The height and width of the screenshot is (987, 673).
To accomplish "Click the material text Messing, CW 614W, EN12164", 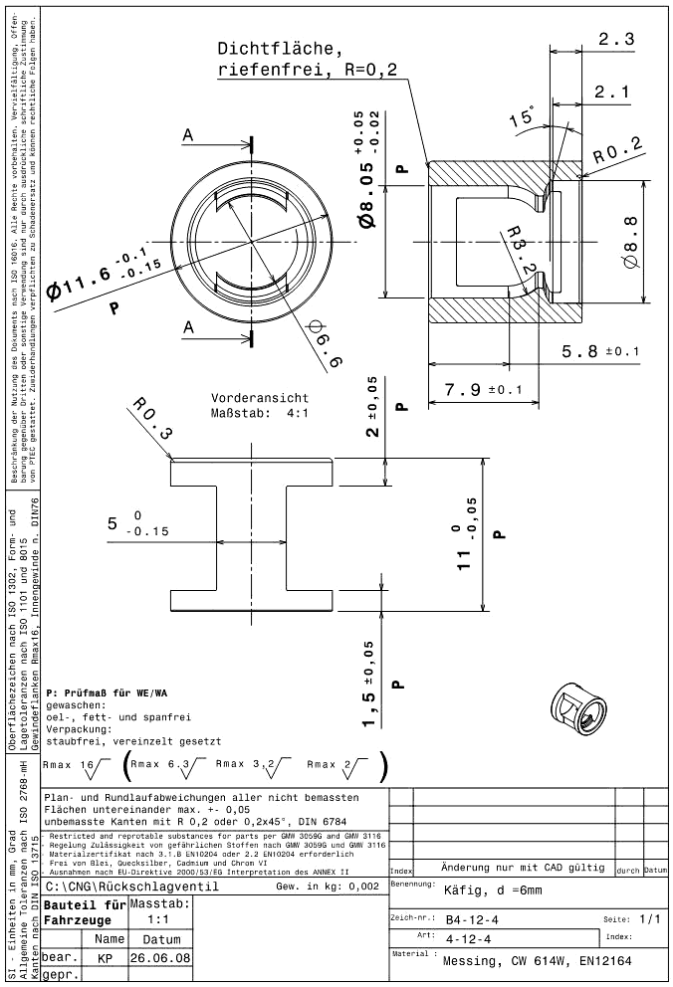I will pyautogui.click(x=538, y=961).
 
